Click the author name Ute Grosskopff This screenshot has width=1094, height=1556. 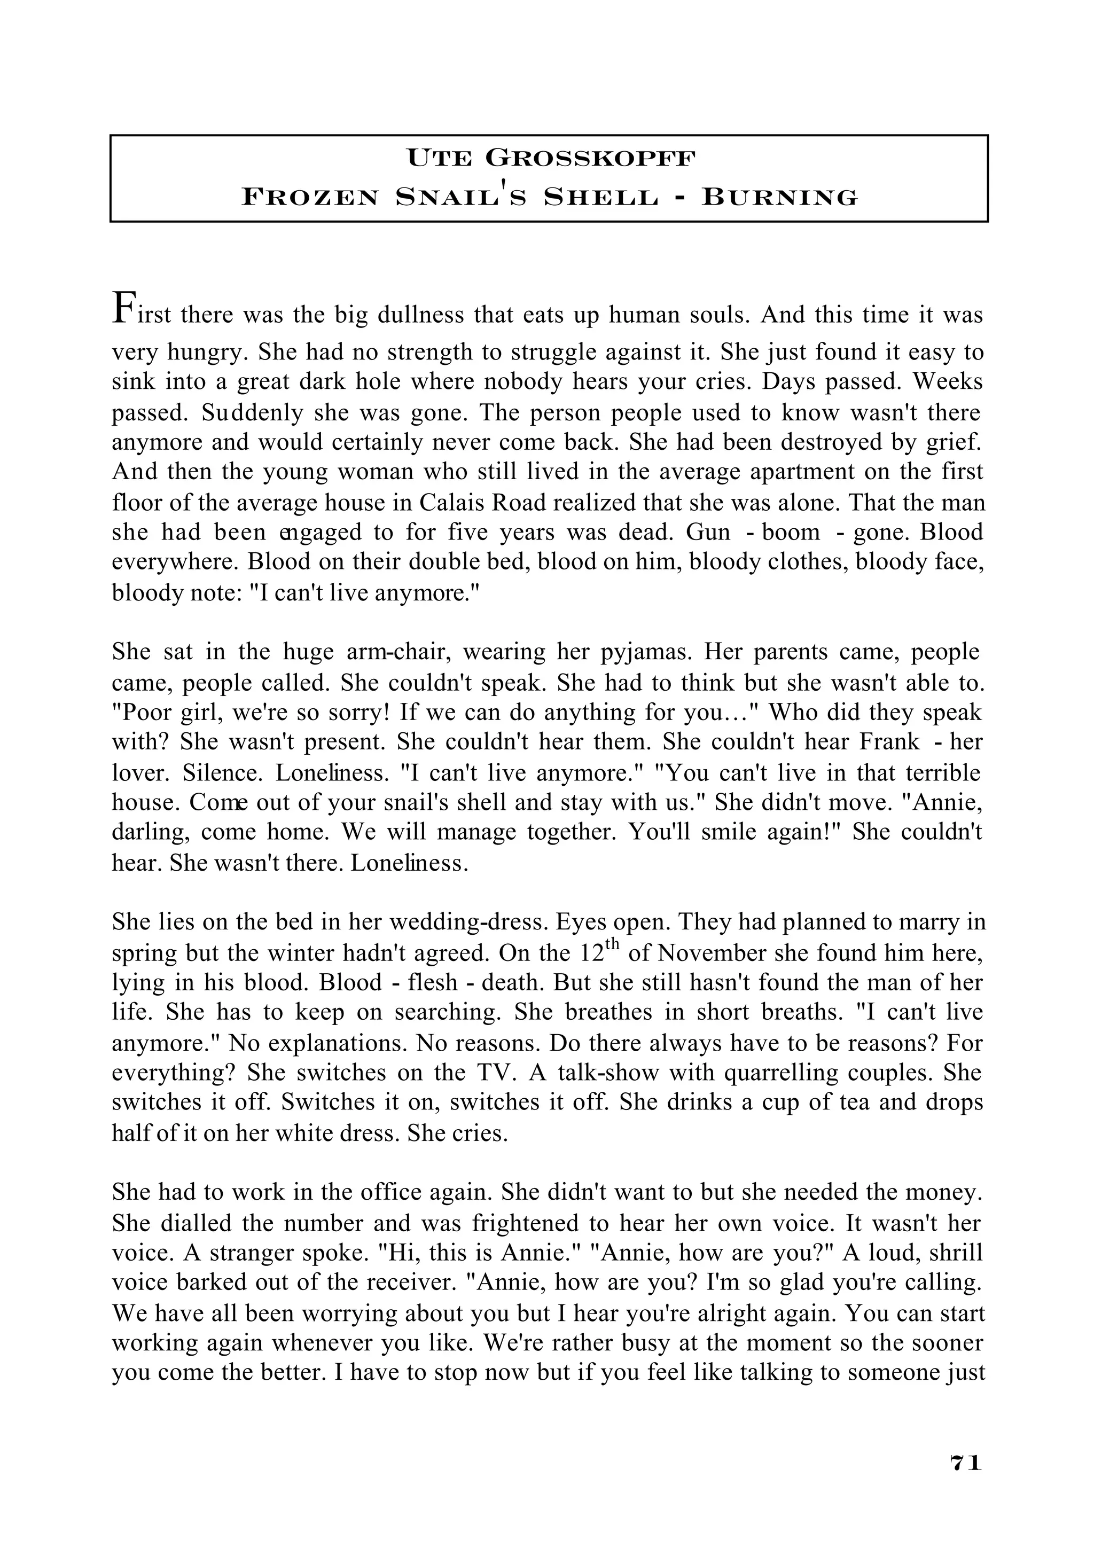point(550,159)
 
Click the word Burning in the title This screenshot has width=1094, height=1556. point(779,197)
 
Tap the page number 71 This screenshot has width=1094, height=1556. point(965,1481)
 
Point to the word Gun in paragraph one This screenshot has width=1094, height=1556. point(708,532)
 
